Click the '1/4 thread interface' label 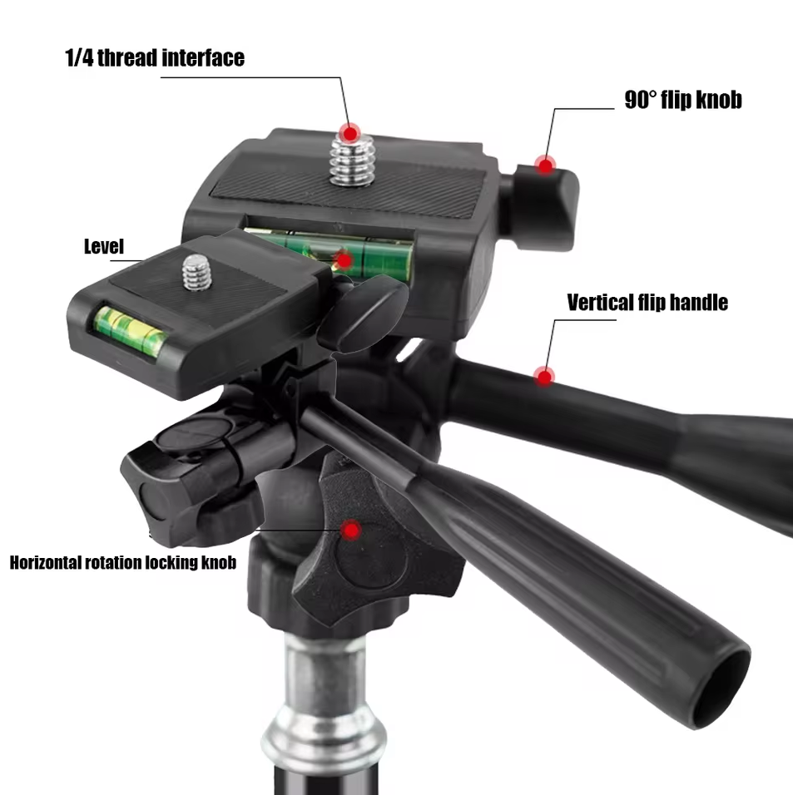155,58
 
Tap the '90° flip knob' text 683,100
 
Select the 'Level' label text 103,246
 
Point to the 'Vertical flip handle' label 647,302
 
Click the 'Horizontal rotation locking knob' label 123,562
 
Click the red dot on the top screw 349,134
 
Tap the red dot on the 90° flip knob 545,165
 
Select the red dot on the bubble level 344,260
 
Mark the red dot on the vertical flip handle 544,377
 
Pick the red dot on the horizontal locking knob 350,531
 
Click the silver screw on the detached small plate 197,273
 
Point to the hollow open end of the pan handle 720,688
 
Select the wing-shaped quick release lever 363,314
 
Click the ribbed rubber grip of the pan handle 573,567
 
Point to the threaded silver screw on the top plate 352,159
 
